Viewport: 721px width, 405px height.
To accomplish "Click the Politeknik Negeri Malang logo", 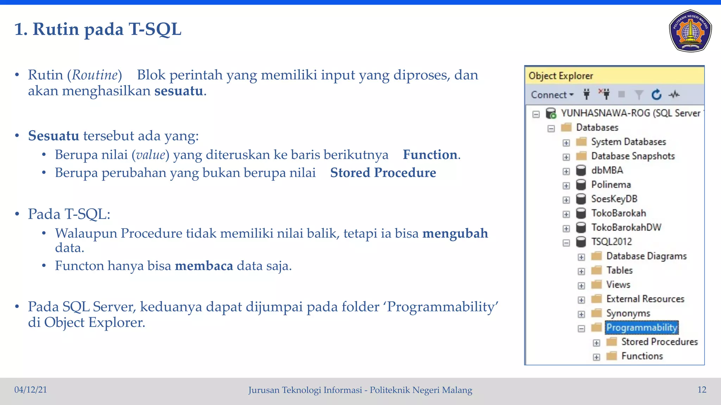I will point(690,31).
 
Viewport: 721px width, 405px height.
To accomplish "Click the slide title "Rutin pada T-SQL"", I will point(98,29).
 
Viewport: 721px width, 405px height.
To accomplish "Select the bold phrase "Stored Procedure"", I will point(383,173).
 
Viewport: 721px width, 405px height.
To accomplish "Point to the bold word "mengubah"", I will point(455,233).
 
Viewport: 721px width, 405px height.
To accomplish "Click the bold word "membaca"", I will point(204,266).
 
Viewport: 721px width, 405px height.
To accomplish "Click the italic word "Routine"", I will point(95,75).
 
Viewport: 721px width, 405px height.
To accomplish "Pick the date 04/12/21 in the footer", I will point(31,390).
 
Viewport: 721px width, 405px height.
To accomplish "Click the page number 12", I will point(702,390).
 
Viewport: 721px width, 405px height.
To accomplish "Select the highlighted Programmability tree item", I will point(641,327).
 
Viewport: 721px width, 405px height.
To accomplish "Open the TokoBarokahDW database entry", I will point(626,227).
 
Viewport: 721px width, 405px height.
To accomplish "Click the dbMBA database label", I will point(607,170).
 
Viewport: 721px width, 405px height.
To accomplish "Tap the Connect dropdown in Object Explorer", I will point(552,95).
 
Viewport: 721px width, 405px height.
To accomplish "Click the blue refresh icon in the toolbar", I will point(656,95).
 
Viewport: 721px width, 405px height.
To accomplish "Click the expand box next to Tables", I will point(581,271).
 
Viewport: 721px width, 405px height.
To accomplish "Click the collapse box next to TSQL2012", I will point(566,243).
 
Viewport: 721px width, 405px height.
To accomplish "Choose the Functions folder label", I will point(642,356).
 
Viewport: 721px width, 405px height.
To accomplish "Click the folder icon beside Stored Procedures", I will point(612,342).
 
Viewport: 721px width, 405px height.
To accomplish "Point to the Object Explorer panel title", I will point(560,76).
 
